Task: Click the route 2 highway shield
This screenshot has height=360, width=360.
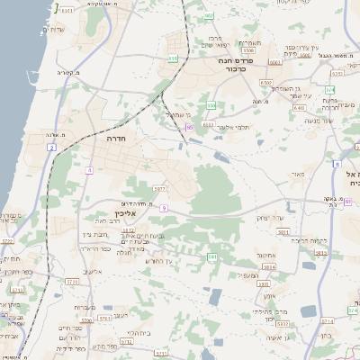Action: [52, 147]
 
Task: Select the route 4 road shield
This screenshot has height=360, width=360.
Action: [89, 169]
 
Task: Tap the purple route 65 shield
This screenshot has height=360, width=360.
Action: [190, 129]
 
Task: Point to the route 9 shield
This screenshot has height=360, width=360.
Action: [164, 208]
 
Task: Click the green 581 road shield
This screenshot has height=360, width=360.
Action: [212, 257]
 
